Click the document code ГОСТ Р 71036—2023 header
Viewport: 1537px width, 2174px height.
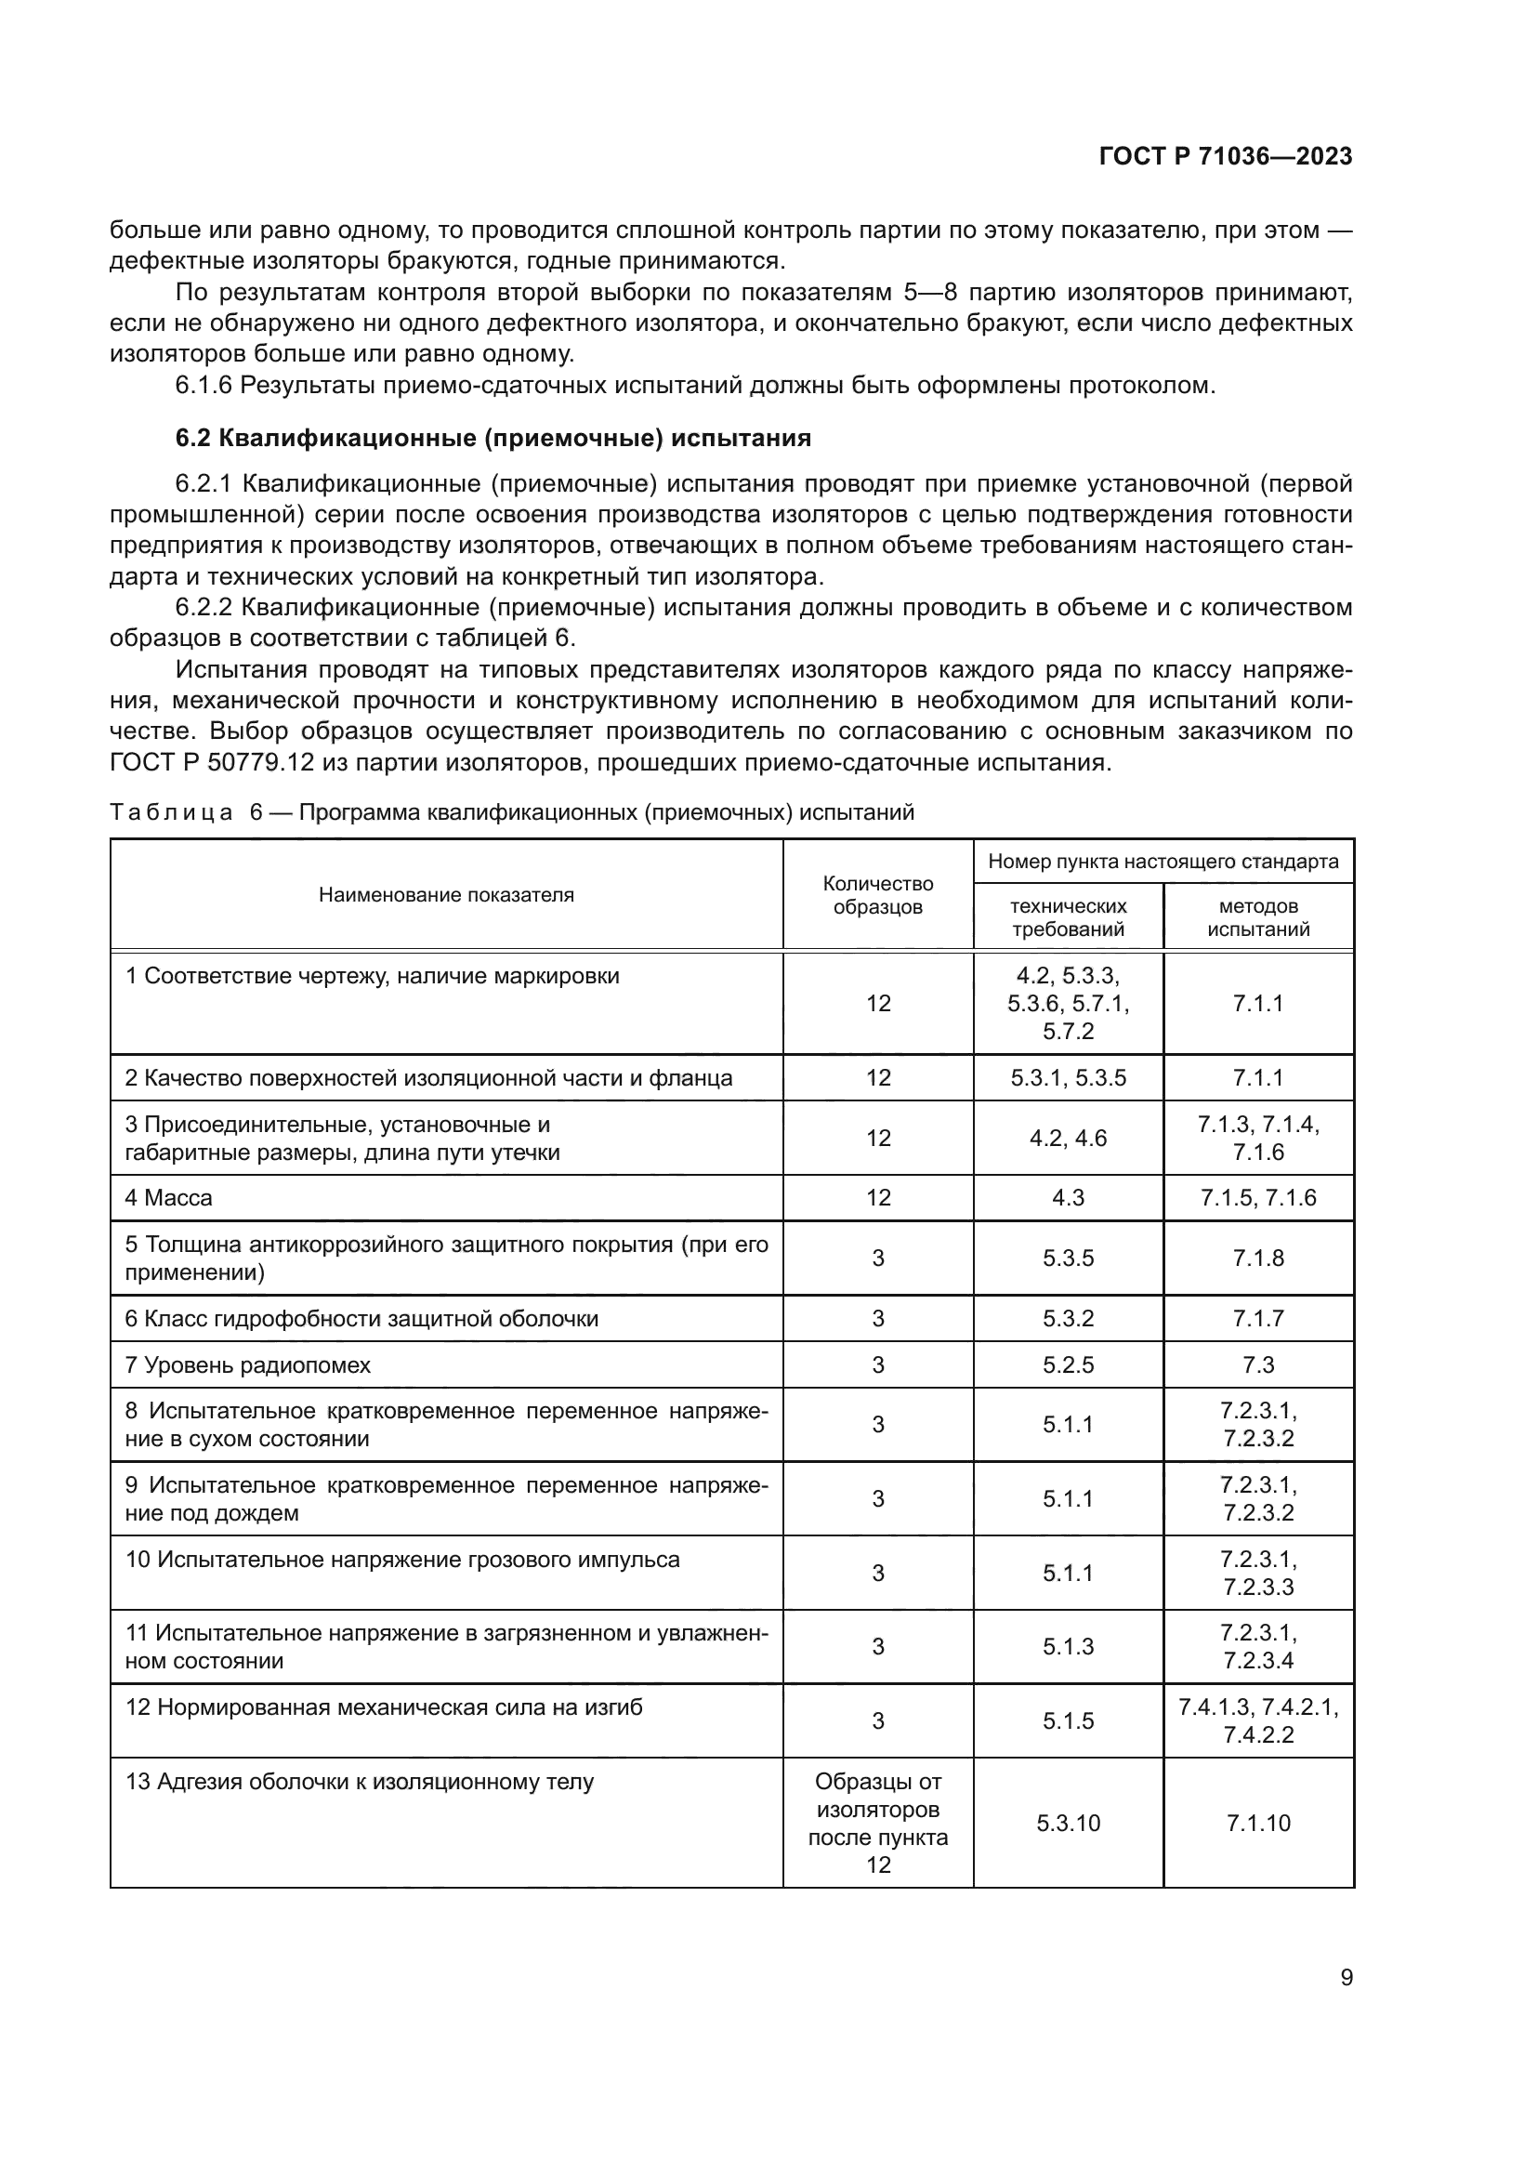tap(1225, 157)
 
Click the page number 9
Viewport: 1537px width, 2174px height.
tap(1346, 1977)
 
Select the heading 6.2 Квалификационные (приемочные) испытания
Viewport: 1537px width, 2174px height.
tap(493, 438)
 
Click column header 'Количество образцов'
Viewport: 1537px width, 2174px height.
tap(877, 895)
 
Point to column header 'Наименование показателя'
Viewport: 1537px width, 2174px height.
tap(446, 895)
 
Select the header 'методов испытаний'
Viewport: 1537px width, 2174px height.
tap(1258, 916)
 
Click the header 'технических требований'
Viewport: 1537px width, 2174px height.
tap(1068, 916)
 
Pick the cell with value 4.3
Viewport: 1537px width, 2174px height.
tap(1068, 1198)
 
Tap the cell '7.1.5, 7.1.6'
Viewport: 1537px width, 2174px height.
tap(1258, 1198)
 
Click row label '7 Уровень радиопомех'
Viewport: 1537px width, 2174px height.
tap(248, 1364)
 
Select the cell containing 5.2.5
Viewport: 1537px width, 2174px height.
tap(1068, 1364)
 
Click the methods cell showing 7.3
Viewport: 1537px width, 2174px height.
tap(1258, 1364)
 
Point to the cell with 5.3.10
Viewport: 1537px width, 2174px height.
tap(1068, 1823)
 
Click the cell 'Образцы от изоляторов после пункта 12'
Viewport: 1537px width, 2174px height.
tap(877, 1823)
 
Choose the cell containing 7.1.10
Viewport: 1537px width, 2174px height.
tap(1258, 1823)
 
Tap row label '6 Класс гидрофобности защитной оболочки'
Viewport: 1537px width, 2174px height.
tap(361, 1318)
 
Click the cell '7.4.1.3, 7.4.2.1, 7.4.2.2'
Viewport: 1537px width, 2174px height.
tap(1258, 1720)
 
